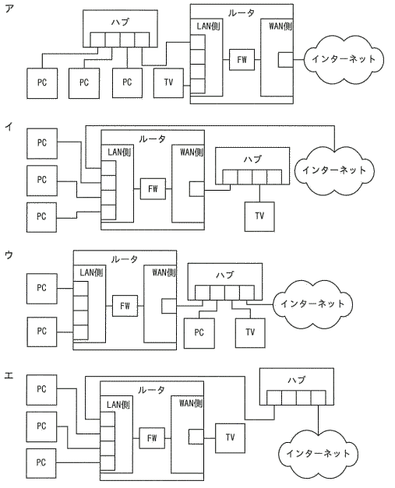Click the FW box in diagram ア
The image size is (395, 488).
coord(242,59)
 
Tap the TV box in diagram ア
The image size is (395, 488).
coord(168,83)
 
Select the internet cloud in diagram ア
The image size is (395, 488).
coord(344,59)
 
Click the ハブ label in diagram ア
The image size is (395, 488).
coord(120,22)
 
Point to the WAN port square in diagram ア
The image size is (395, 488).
coord(285,59)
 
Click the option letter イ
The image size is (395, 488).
coord(9,127)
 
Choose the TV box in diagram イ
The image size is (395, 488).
coord(259,216)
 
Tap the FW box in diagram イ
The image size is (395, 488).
coord(153,189)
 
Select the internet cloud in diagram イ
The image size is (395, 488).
coord(334,170)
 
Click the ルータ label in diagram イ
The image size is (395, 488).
coord(152,139)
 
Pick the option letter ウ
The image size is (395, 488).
coord(9,255)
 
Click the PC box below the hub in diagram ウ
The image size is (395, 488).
coord(199,333)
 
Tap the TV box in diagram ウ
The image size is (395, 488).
coord(250,332)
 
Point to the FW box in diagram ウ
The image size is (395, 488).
coord(125,306)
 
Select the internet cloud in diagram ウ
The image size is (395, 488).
coord(312,304)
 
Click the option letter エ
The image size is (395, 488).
coord(9,375)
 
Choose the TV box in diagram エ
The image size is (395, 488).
coord(230,438)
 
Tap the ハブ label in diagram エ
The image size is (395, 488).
coord(297,380)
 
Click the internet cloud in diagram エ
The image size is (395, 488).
coord(318,454)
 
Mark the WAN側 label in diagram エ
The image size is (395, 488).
coord(191,404)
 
